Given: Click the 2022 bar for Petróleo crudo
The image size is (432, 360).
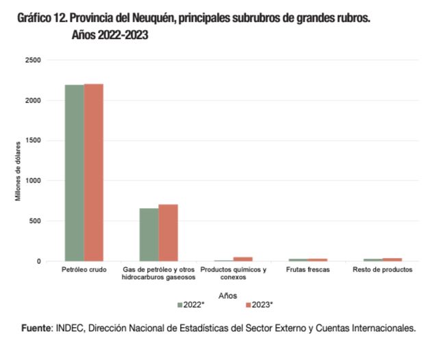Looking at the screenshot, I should pos(74,172).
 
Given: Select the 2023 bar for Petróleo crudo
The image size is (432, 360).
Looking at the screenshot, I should pos(93,172).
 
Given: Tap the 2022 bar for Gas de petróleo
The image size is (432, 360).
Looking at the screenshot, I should pos(149,234).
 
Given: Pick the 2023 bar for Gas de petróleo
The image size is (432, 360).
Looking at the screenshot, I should pos(168,233).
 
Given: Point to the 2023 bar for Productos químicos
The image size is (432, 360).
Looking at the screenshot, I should pos(242,259).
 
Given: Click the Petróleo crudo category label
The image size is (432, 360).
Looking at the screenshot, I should pos(84,270).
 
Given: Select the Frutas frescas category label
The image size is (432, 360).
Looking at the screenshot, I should pos(307,270).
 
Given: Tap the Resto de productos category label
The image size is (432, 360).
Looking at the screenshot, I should pos(382,270).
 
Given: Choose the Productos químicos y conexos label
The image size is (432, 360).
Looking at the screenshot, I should pos(233,274).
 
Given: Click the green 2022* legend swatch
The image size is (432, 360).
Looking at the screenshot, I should pos(180,305).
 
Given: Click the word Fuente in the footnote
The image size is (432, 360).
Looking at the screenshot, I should pos(39,328).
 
